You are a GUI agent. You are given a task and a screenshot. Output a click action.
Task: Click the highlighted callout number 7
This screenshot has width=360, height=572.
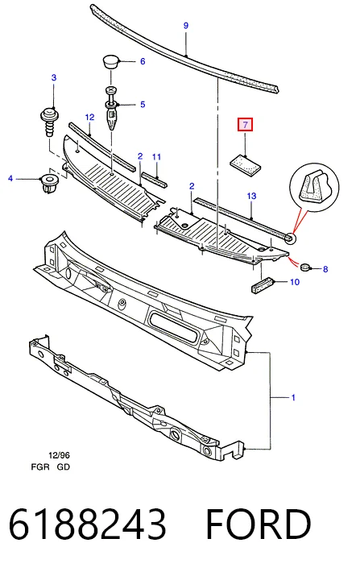click(245, 124)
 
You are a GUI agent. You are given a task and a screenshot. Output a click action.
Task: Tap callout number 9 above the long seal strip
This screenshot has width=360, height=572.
click(186, 26)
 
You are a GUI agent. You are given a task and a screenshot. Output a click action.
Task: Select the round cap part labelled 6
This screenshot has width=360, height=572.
click(110, 61)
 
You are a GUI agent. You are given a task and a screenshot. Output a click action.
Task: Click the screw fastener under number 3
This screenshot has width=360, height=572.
click(48, 121)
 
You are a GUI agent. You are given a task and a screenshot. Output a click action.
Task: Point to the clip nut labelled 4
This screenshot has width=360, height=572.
click(48, 184)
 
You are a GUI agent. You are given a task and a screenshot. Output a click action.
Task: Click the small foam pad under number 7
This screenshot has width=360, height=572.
click(246, 163)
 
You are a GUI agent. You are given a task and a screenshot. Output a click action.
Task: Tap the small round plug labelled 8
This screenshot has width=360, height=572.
click(305, 267)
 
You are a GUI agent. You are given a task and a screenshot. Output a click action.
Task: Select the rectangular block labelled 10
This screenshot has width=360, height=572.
click(263, 284)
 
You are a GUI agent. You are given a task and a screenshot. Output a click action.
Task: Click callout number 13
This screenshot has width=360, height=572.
click(251, 196)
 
